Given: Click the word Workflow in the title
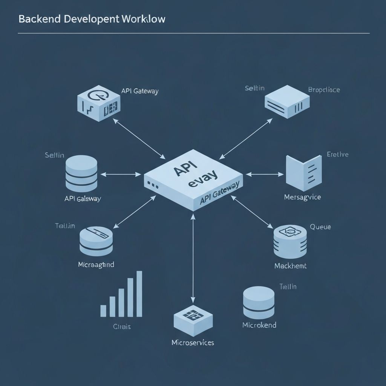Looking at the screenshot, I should pos(144,19).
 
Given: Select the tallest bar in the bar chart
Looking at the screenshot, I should pos(139,293).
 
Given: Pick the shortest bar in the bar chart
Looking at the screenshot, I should pos(103,310).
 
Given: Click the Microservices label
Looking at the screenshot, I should pos(193,343).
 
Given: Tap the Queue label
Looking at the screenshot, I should pos(320,227).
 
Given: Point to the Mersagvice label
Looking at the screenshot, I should pos(302,197).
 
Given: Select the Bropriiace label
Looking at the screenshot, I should pos(324,90).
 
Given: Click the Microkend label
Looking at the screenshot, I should pos(259,325).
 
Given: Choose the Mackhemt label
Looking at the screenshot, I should pos(290,266).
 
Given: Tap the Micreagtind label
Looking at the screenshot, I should pos(96,265).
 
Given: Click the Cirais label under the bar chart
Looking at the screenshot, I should pos(122,327).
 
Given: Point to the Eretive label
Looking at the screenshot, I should pos(337,154).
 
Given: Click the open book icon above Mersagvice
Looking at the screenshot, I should pos(303,172).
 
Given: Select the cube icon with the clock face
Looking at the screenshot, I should pos(98,103).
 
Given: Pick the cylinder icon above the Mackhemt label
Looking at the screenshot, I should pos(289,241).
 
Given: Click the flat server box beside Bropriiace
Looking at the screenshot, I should pos(287,101).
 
